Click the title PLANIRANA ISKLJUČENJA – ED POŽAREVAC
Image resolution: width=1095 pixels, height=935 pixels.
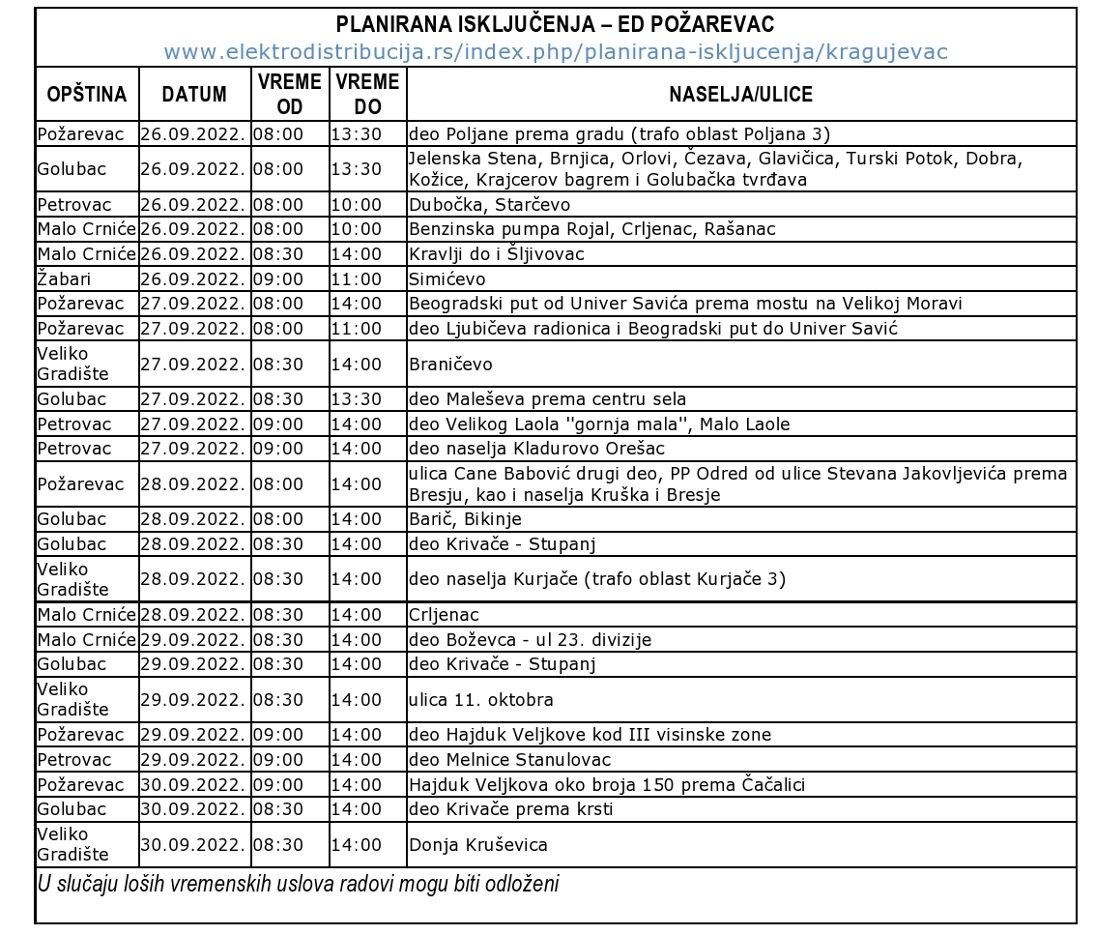(555, 24)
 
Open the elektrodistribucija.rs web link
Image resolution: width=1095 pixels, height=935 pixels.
(555, 52)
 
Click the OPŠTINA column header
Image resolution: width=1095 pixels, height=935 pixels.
(87, 95)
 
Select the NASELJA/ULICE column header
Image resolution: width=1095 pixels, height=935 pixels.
(740, 95)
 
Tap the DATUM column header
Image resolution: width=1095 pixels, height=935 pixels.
(194, 95)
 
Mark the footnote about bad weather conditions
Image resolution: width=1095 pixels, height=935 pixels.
(298, 884)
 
